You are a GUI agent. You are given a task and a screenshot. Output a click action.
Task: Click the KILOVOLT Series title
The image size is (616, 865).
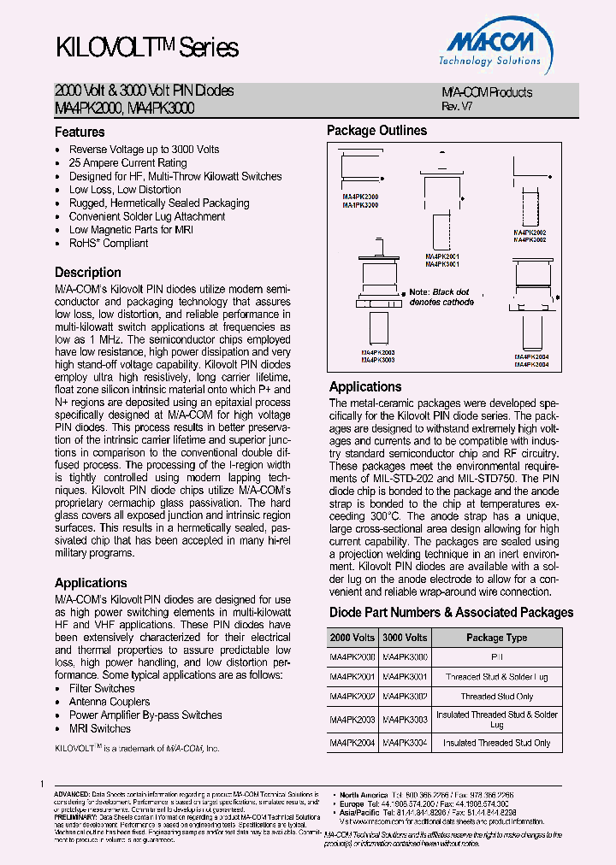tap(146, 48)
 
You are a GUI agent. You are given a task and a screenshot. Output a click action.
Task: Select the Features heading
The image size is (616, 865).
tap(80, 132)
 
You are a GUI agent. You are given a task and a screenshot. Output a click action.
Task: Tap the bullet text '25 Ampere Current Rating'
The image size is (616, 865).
tap(127, 162)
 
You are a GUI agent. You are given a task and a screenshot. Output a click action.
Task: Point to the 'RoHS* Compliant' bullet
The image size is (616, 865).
tap(109, 243)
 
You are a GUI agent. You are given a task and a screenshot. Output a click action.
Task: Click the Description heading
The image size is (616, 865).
tap(88, 273)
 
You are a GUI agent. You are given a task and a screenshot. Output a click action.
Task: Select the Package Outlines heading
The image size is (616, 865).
tap(376, 131)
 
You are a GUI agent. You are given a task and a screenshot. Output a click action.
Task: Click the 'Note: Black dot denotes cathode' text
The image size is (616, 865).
tap(441, 297)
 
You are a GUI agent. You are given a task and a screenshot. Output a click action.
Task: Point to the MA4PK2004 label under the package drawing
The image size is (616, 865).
tap(531, 356)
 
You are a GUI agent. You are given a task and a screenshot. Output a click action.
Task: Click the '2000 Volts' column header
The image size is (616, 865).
tap(352, 638)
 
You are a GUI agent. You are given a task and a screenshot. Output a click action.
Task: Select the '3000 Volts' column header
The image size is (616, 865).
tap(405, 638)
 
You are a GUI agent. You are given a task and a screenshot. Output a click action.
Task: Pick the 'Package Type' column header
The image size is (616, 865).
tap(496, 638)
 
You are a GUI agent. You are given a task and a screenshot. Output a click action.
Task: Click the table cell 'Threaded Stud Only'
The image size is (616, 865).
tap(496, 697)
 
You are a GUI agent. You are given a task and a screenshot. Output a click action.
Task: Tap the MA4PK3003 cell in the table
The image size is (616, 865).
tap(405, 720)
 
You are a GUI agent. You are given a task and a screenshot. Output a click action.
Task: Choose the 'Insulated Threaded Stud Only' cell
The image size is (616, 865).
tap(496, 743)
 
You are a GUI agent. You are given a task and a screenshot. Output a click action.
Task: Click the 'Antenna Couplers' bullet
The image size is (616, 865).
tap(110, 702)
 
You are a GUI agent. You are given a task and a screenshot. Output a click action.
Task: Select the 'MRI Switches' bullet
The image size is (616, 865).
tap(100, 728)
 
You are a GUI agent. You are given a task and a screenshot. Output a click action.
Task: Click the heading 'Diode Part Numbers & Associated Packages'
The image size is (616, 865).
tap(451, 613)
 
